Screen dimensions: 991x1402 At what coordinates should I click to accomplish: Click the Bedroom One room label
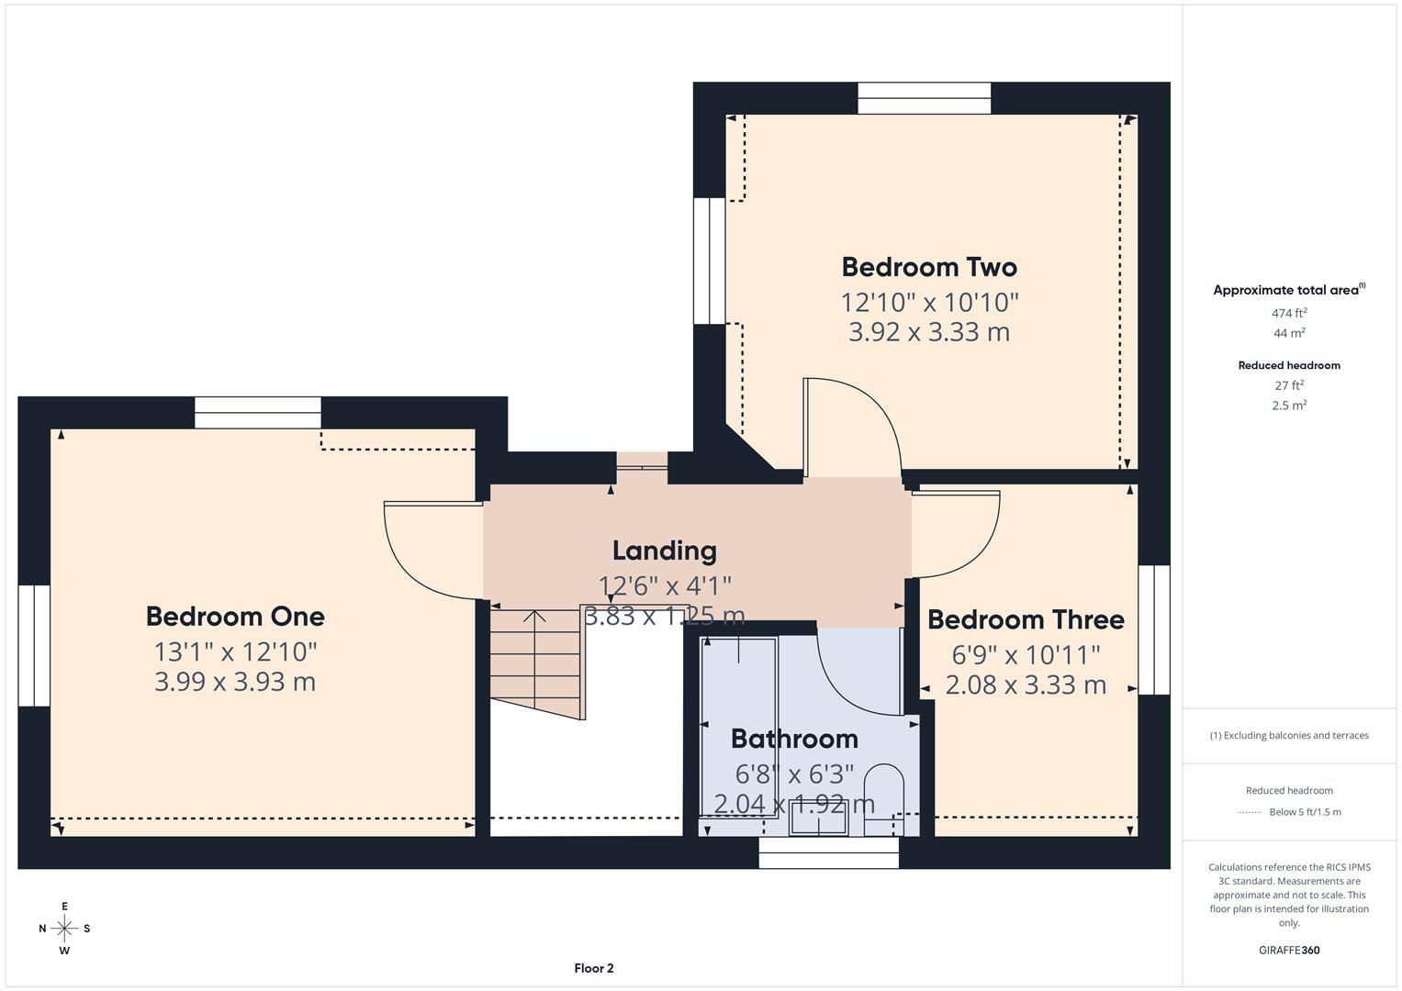235,617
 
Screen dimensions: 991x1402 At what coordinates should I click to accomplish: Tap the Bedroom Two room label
929,267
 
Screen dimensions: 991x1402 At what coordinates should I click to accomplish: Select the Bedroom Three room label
1026,620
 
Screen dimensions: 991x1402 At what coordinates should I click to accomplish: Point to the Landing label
665,551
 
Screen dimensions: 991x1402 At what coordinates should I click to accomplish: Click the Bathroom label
794,739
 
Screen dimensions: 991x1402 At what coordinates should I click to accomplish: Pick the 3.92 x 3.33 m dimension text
929,332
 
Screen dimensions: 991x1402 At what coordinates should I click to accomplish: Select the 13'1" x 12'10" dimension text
235,651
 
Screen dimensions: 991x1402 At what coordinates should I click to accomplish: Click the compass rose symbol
64,929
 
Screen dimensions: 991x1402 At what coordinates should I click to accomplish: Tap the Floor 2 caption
594,968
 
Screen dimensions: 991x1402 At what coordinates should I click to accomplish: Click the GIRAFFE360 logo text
1289,951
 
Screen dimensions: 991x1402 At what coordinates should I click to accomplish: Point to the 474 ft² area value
1289,313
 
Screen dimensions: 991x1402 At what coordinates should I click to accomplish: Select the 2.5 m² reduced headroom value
1289,405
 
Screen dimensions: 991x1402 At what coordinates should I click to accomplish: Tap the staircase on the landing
537,661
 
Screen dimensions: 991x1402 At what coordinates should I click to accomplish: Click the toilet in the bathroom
884,796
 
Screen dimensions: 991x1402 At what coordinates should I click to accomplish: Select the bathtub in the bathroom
738,725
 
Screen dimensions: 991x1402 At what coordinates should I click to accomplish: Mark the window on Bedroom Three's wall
1154,629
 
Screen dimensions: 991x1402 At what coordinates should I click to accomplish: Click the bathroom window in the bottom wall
828,852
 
